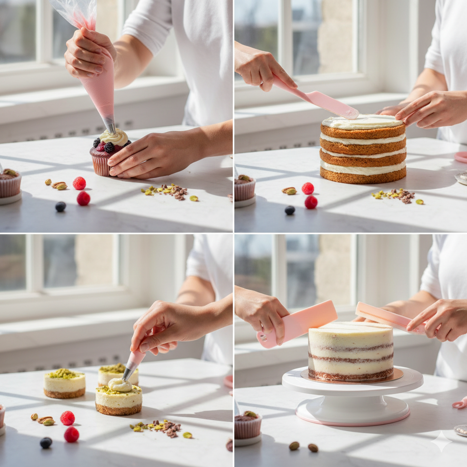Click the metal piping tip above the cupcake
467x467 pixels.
pyautogui.click(x=109, y=124)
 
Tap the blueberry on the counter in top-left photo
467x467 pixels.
pyautogui.click(x=61, y=207)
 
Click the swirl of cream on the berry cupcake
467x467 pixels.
pyautogui.click(x=114, y=137)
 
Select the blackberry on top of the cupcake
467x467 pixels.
pyautogui.click(x=109, y=147)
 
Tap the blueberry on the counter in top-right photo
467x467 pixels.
pyautogui.click(x=290, y=210)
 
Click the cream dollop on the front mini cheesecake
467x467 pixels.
pyautogui.click(x=119, y=385)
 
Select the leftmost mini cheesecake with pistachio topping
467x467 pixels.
pyautogui.click(x=64, y=383)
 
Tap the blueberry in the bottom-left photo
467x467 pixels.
pyautogui.click(x=46, y=442)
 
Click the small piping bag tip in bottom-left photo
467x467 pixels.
pyautogui.click(x=128, y=373)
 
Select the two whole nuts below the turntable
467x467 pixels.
pyautogui.click(x=303, y=446)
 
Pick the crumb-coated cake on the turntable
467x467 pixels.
pyautogui.click(x=350, y=351)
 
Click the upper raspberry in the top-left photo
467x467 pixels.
pyautogui.click(x=79, y=183)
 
